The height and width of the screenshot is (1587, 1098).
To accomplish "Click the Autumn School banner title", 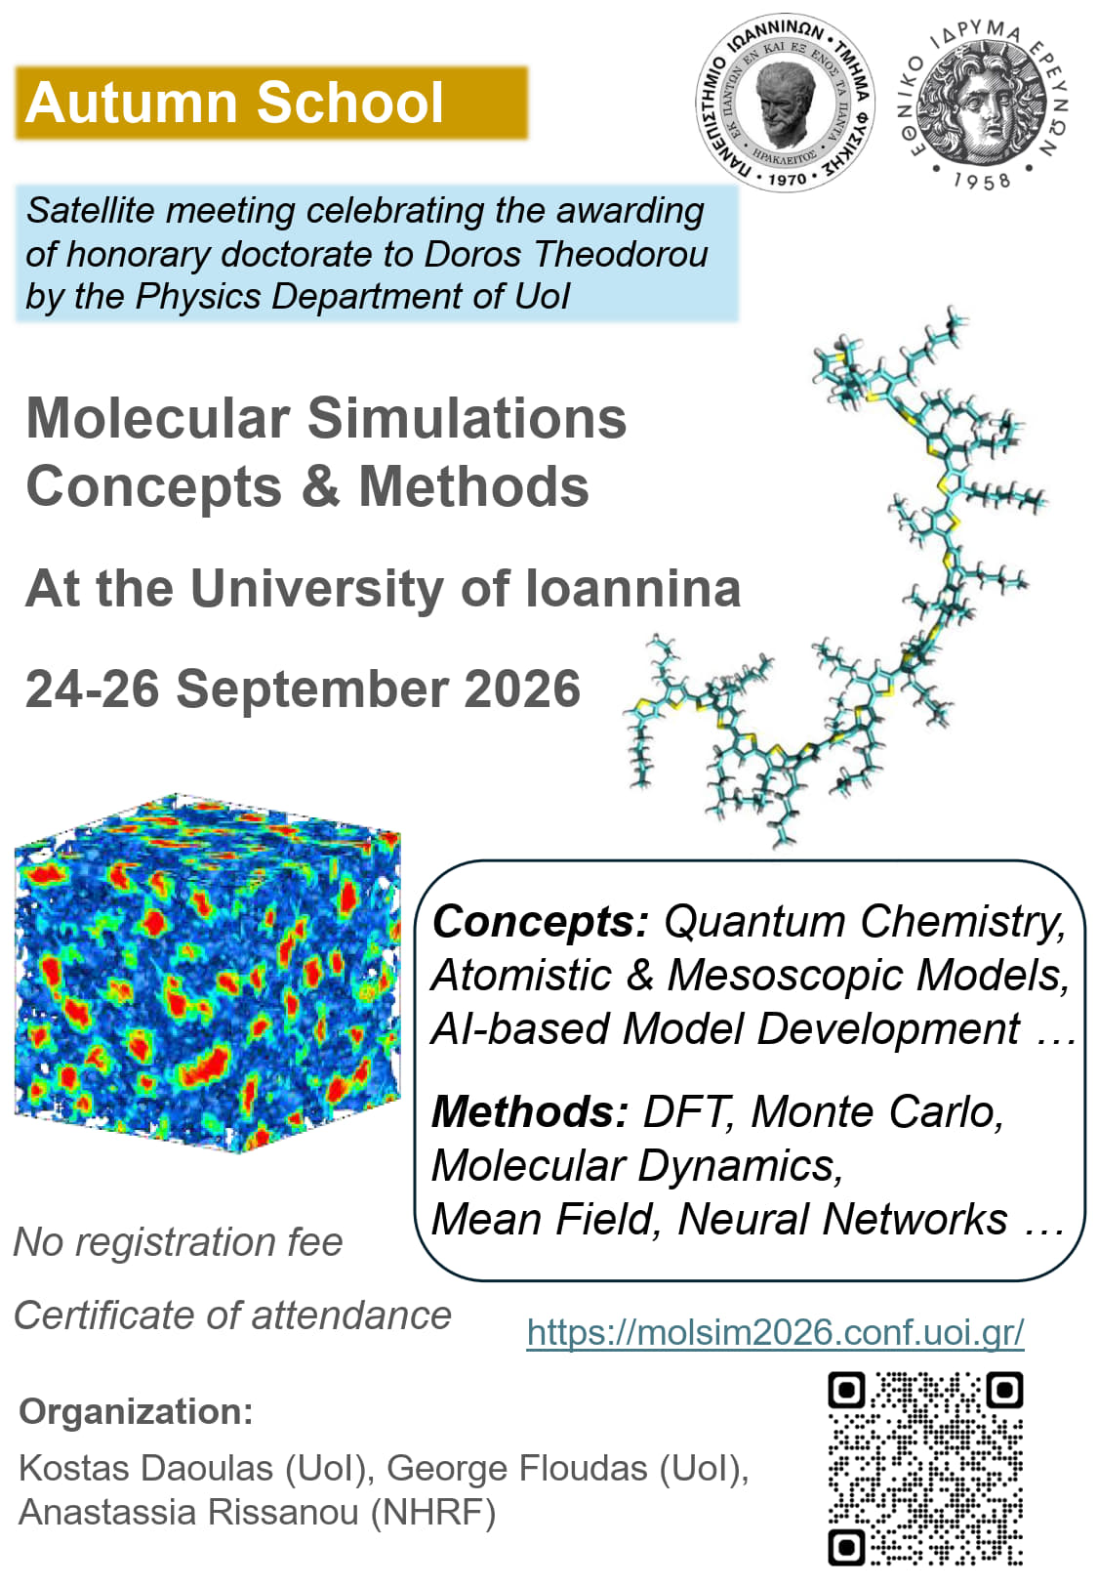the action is coord(234,103).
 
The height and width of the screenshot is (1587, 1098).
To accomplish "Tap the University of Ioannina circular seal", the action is coord(785,104).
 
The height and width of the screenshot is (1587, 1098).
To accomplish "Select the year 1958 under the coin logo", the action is coord(982,182).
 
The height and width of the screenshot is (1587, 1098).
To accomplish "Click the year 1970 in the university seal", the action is coord(787,180).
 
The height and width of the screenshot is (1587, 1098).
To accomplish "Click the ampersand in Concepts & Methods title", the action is coord(320,486).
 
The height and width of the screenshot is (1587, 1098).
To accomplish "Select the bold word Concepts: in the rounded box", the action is coord(540,923).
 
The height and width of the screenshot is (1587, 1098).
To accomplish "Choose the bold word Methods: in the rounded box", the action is coord(530,1111).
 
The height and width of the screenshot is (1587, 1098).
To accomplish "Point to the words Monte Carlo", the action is coord(876,1111).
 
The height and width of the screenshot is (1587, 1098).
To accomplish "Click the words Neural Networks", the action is coord(842,1219).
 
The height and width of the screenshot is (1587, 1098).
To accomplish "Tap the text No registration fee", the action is coord(179,1242).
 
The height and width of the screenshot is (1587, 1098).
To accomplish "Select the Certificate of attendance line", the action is coord(233,1316).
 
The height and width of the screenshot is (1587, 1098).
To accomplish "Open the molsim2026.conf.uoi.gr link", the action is coord(775,1333).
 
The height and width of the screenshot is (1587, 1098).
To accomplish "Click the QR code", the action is coord(925,1470).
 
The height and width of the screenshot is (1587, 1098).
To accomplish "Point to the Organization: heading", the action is coord(136,1411).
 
